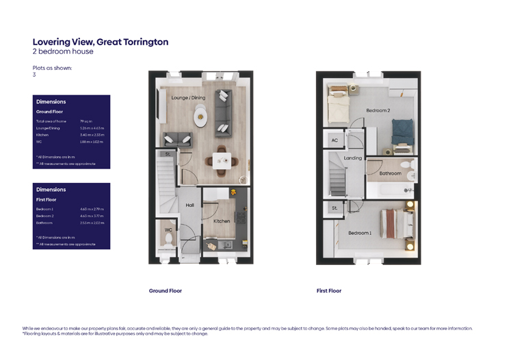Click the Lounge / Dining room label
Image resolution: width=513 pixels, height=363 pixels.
[x=188, y=98]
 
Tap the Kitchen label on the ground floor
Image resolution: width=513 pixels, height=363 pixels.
[x=222, y=221]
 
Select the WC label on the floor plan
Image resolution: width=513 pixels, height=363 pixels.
[x=168, y=230]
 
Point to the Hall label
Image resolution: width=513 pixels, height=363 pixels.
[x=190, y=205]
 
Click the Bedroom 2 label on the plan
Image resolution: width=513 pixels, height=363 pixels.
[x=378, y=110]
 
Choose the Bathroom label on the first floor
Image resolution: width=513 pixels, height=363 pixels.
[x=390, y=173]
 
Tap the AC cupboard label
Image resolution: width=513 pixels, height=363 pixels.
[x=334, y=140]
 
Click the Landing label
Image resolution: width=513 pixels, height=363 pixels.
[x=353, y=158]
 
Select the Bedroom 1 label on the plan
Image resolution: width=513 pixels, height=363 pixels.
[x=360, y=233]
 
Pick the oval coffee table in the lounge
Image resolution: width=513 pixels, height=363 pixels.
[x=200, y=120]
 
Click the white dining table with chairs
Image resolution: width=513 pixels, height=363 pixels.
[x=221, y=161]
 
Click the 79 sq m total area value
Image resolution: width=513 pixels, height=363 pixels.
[x=85, y=121]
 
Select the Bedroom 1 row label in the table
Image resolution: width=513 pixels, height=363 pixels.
[x=45, y=208]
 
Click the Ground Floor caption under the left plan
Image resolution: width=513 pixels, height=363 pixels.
[x=166, y=291]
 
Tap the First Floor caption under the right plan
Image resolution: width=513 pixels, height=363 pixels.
[x=328, y=291]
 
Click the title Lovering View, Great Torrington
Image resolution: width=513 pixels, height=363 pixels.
[x=100, y=42]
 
